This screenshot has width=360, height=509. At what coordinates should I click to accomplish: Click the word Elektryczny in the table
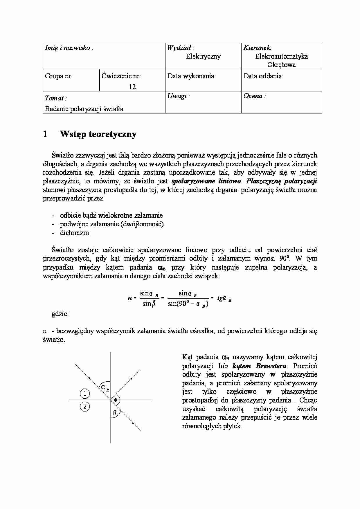(x=203, y=56)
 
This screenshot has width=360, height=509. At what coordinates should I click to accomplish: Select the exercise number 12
(x=132, y=87)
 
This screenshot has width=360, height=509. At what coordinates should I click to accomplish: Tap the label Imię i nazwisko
(x=69, y=48)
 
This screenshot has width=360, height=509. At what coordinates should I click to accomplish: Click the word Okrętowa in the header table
(x=281, y=65)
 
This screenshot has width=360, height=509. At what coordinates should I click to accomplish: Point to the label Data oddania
(x=263, y=76)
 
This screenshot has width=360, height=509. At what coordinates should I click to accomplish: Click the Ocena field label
(x=254, y=96)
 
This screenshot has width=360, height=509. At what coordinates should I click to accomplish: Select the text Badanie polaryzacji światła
(x=84, y=109)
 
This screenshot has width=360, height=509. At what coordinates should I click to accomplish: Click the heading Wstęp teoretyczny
(x=98, y=134)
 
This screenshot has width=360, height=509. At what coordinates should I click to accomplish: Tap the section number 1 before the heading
(x=45, y=134)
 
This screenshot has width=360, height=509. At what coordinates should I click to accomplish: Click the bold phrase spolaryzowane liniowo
(x=206, y=181)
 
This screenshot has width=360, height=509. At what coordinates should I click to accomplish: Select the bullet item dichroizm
(x=74, y=233)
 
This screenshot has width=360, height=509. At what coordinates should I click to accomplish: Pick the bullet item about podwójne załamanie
(x=112, y=224)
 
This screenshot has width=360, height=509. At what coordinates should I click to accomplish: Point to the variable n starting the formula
(x=130, y=298)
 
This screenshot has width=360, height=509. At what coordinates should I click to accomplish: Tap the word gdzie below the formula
(x=60, y=314)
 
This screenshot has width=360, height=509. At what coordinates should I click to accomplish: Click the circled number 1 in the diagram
(x=84, y=394)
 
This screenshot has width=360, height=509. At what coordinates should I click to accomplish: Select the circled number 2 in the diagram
(x=84, y=407)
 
